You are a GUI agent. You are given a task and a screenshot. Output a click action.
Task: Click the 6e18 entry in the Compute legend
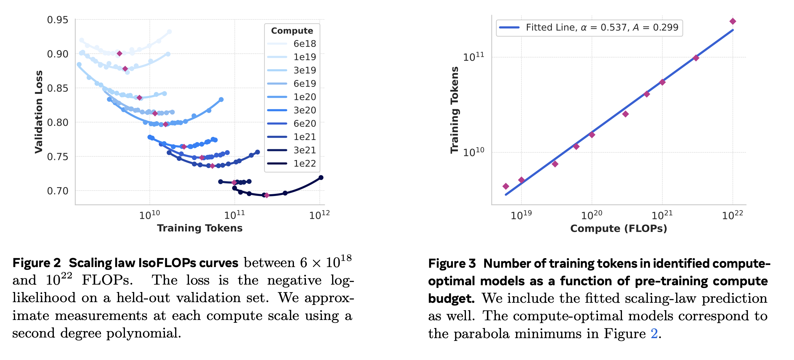click(304, 44)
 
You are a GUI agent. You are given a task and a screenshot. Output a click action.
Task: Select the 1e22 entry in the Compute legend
click(304, 163)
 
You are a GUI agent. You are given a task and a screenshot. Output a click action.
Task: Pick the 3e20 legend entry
click(304, 110)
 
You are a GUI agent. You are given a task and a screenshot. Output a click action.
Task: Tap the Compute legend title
click(292, 30)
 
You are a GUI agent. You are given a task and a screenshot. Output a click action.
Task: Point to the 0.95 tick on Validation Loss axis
click(58, 20)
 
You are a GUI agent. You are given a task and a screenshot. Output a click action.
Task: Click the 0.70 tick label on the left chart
click(58, 191)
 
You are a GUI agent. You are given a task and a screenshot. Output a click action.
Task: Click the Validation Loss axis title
click(38, 112)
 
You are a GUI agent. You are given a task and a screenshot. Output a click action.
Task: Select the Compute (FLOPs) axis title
click(618, 228)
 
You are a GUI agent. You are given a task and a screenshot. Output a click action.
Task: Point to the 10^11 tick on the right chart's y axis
click(473, 57)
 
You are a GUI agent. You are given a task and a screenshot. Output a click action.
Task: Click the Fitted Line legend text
click(602, 27)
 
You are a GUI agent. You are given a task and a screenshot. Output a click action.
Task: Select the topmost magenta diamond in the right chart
click(733, 21)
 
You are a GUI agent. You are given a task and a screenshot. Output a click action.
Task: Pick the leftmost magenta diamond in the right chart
click(506, 186)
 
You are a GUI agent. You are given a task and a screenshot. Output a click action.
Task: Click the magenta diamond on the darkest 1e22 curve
click(267, 195)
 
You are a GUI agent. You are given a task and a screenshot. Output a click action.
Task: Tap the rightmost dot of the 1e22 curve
click(321, 178)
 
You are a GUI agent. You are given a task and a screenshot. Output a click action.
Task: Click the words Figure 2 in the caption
click(36, 263)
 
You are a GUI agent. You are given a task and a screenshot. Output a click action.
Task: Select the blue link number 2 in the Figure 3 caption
click(654, 334)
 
